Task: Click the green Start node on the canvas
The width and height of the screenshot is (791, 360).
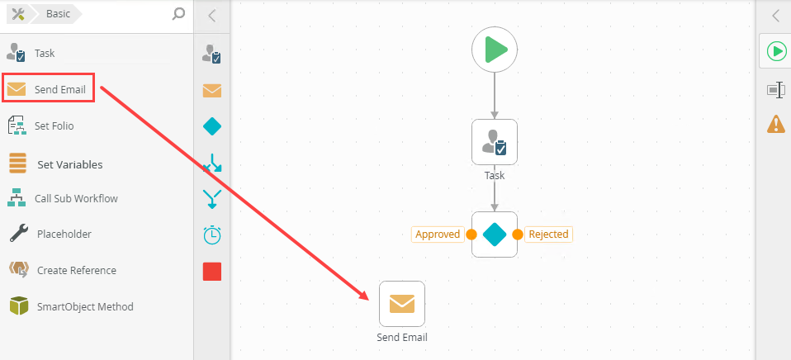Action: coord(495,50)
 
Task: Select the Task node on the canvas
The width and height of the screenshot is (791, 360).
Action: coord(495,142)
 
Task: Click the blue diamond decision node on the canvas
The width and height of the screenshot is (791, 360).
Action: coord(495,234)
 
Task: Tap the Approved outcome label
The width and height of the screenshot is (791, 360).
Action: coord(438,234)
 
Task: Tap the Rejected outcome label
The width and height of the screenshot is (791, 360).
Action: coord(548,234)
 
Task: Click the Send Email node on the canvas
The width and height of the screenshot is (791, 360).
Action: coord(402,304)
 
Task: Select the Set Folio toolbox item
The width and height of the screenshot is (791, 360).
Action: coord(54,126)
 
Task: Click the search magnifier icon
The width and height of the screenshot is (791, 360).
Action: coord(178,13)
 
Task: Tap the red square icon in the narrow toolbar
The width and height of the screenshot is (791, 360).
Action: coord(212,272)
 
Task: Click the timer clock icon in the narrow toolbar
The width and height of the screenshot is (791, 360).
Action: coord(212,235)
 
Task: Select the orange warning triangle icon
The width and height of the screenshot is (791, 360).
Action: coord(776,124)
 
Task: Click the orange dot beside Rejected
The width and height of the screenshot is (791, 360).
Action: coord(518,234)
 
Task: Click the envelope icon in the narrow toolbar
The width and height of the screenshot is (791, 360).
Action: coord(212,90)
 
